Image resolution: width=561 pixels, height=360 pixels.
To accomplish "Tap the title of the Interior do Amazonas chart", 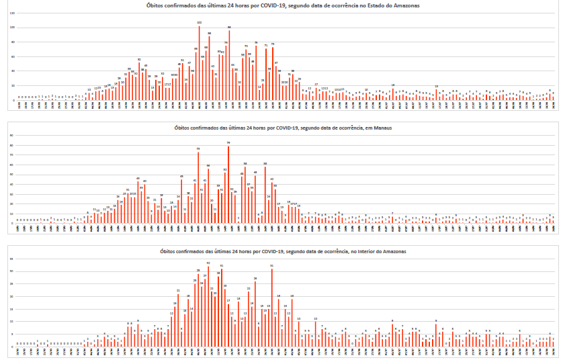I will click(282, 251).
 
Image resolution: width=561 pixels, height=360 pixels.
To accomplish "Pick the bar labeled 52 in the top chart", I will click(139, 81).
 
